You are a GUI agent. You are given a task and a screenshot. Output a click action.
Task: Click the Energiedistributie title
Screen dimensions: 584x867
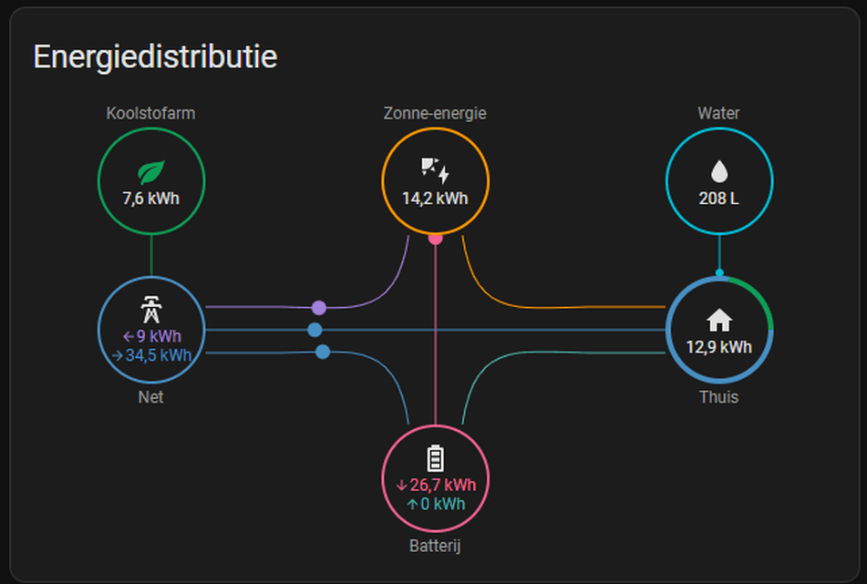coord(155,56)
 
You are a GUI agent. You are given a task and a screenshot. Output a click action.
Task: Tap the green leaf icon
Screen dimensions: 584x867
coord(151,171)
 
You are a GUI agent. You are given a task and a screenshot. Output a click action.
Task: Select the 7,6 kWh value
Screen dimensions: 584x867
coord(151,198)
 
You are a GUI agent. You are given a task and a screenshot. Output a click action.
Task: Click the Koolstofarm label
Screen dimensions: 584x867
coord(151,114)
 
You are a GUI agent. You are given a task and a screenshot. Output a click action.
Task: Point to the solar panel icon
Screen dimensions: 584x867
coord(435,170)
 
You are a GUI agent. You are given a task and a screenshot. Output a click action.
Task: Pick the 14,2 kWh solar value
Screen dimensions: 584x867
coord(435,198)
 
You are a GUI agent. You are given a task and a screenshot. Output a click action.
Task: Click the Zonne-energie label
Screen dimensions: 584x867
coord(435,114)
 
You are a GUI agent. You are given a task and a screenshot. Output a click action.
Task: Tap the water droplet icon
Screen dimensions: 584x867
coord(719,171)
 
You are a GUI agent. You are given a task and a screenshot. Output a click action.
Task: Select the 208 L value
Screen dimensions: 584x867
coord(719,198)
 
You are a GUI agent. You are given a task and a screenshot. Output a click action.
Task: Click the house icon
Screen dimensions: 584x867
coord(719,320)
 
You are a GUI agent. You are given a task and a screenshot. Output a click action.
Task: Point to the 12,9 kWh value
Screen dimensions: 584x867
coord(719,346)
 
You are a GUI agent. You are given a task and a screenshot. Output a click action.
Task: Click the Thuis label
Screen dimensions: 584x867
coord(719,397)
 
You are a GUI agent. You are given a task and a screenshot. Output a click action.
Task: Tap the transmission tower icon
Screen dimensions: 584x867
coord(151,311)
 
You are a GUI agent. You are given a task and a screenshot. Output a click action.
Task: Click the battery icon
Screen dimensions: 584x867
coord(435,458)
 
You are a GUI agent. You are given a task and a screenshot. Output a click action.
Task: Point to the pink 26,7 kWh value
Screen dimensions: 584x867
coord(436,485)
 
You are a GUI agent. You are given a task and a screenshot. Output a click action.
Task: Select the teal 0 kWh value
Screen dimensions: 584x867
coord(436,504)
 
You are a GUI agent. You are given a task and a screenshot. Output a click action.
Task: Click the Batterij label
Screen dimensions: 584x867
coord(435,546)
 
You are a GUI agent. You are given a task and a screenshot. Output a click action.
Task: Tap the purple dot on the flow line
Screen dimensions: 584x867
coord(319,308)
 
